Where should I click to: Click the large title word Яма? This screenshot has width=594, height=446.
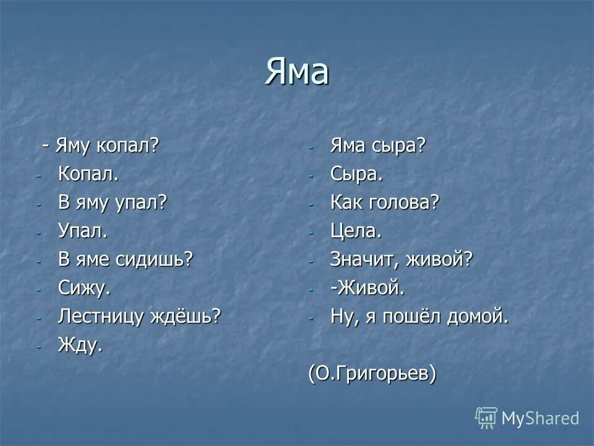[x=297, y=72]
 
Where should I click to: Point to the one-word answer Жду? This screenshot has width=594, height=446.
[x=80, y=346]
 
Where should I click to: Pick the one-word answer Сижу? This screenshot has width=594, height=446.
[x=84, y=288]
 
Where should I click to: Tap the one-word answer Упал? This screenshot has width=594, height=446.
[x=83, y=230]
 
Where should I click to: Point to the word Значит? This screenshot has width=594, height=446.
[x=364, y=260]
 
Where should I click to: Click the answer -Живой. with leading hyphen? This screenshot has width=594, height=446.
[x=368, y=288]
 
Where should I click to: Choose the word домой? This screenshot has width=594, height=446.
[x=481, y=317]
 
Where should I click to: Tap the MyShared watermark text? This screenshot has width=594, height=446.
[x=540, y=418]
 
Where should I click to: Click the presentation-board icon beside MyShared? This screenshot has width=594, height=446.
[x=486, y=418]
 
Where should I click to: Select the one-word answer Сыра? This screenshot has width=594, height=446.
[x=357, y=174]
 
